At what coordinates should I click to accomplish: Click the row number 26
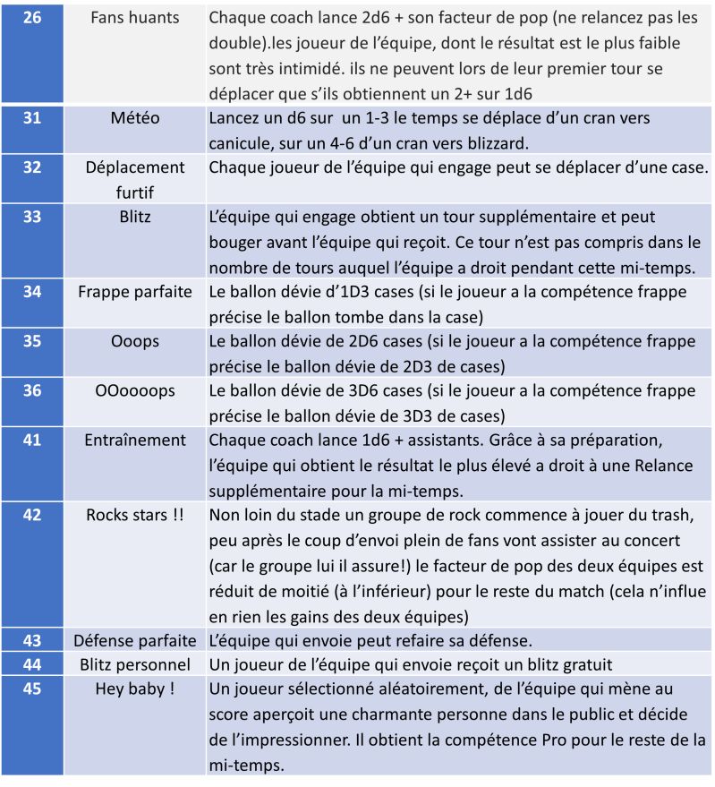[31, 18]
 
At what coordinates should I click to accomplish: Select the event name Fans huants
[135, 18]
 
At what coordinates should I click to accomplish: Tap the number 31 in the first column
[31, 118]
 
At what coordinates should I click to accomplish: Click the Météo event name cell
[135, 118]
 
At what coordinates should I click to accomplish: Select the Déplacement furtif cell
[135, 178]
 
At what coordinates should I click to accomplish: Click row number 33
[31, 217]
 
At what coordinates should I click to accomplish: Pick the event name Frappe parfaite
[135, 291]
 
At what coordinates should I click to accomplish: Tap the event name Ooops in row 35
[135, 341]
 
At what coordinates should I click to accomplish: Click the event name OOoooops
[135, 391]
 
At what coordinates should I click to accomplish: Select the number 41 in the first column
[31, 441]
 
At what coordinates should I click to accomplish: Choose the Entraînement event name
[135, 441]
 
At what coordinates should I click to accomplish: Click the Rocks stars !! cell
[135, 515]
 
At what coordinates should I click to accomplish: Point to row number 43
[31, 640]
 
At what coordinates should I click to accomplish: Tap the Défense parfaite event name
[135, 640]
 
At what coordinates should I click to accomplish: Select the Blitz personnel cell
[135, 664]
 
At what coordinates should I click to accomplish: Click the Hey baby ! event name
[135, 689]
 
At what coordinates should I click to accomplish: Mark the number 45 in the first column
[31, 689]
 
